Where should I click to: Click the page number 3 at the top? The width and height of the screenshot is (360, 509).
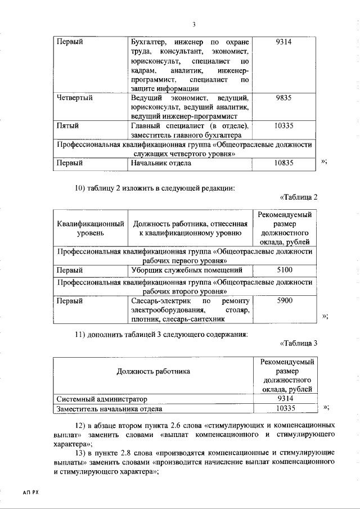pyautogui.click(x=193, y=24)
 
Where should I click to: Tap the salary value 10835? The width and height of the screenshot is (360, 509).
pyautogui.click(x=284, y=163)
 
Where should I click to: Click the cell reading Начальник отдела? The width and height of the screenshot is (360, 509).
pyautogui.click(x=161, y=163)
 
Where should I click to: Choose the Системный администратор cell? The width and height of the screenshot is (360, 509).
pyautogui.click(x=99, y=398)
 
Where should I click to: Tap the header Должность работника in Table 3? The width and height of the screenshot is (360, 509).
pyautogui.click(x=154, y=371)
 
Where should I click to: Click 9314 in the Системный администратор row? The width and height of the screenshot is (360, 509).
pyautogui.click(x=284, y=398)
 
